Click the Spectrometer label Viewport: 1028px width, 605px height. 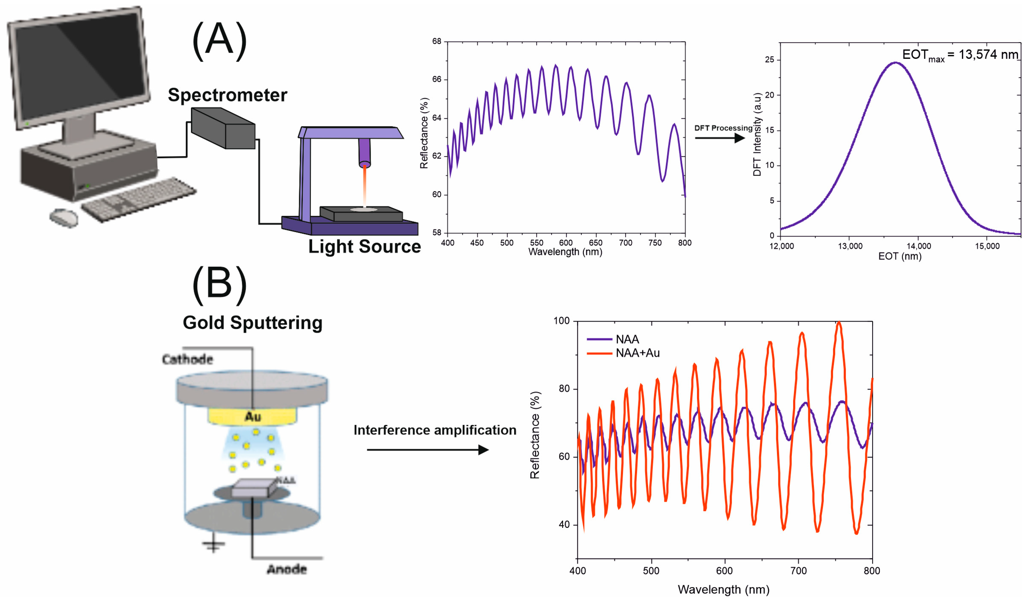point(227,95)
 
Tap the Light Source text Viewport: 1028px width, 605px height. point(364,246)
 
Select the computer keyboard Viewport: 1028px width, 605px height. point(139,199)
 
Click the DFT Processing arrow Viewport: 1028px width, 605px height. point(720,138)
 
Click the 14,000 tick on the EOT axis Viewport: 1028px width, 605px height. point(918,246)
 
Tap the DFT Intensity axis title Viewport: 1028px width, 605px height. point(757,134)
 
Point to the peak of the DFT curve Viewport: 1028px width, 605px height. point(895,63)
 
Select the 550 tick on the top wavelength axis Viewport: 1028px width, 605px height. point(536,243)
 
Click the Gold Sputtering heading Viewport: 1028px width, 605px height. point(253,322)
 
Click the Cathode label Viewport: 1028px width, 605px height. point(188,359)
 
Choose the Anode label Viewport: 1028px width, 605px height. point(287,569)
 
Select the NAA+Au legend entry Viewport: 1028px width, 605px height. point(637,353)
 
